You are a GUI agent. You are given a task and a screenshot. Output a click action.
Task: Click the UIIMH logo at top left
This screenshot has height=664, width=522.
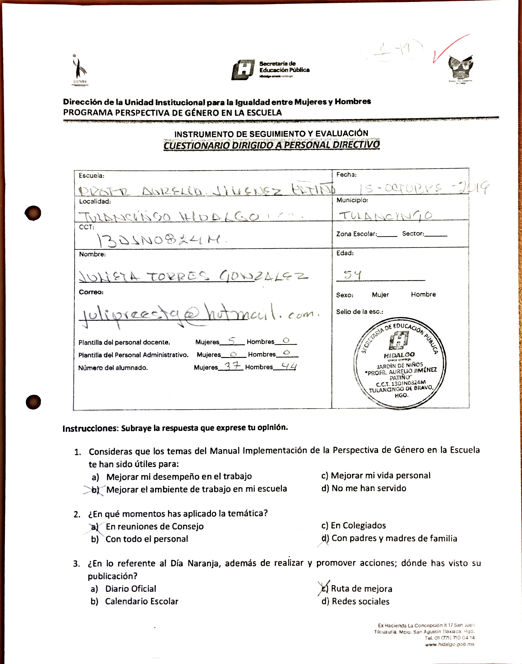[80, 70]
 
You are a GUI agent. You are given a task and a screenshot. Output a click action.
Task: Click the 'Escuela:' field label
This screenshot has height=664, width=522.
[91, 176]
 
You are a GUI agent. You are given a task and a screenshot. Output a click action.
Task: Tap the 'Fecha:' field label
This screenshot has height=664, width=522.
[346, 175]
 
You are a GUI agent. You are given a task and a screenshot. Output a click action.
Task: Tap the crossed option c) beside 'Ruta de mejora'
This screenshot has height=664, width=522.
[324, 588]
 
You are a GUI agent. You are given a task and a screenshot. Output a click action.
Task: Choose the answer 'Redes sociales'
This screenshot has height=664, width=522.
[360, 601]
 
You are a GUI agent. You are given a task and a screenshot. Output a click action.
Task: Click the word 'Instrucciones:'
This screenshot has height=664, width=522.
[90, 428]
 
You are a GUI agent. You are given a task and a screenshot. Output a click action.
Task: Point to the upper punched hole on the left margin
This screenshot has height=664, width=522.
[33, 213]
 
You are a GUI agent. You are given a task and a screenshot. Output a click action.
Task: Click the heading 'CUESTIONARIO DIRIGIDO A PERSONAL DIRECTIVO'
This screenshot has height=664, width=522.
[271, 145]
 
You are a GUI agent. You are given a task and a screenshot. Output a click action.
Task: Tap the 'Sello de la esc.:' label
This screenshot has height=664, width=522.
[360, 312]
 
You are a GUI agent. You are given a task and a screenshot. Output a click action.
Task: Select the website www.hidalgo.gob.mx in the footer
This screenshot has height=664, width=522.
[450, 644]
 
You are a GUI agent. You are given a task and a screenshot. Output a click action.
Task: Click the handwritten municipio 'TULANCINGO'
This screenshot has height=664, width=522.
[386, 216]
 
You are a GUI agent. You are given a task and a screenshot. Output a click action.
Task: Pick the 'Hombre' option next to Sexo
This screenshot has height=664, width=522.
[423, 295]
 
